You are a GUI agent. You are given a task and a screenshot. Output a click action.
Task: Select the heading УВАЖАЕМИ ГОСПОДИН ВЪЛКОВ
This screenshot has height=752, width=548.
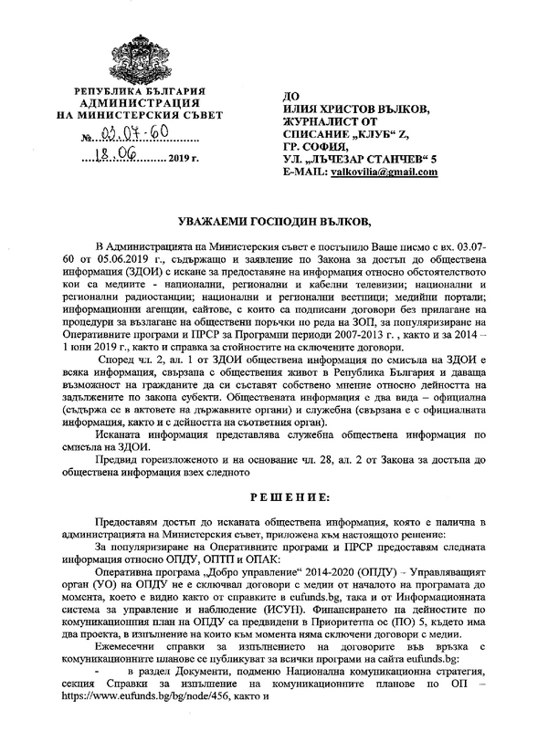[x=274, y=222]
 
